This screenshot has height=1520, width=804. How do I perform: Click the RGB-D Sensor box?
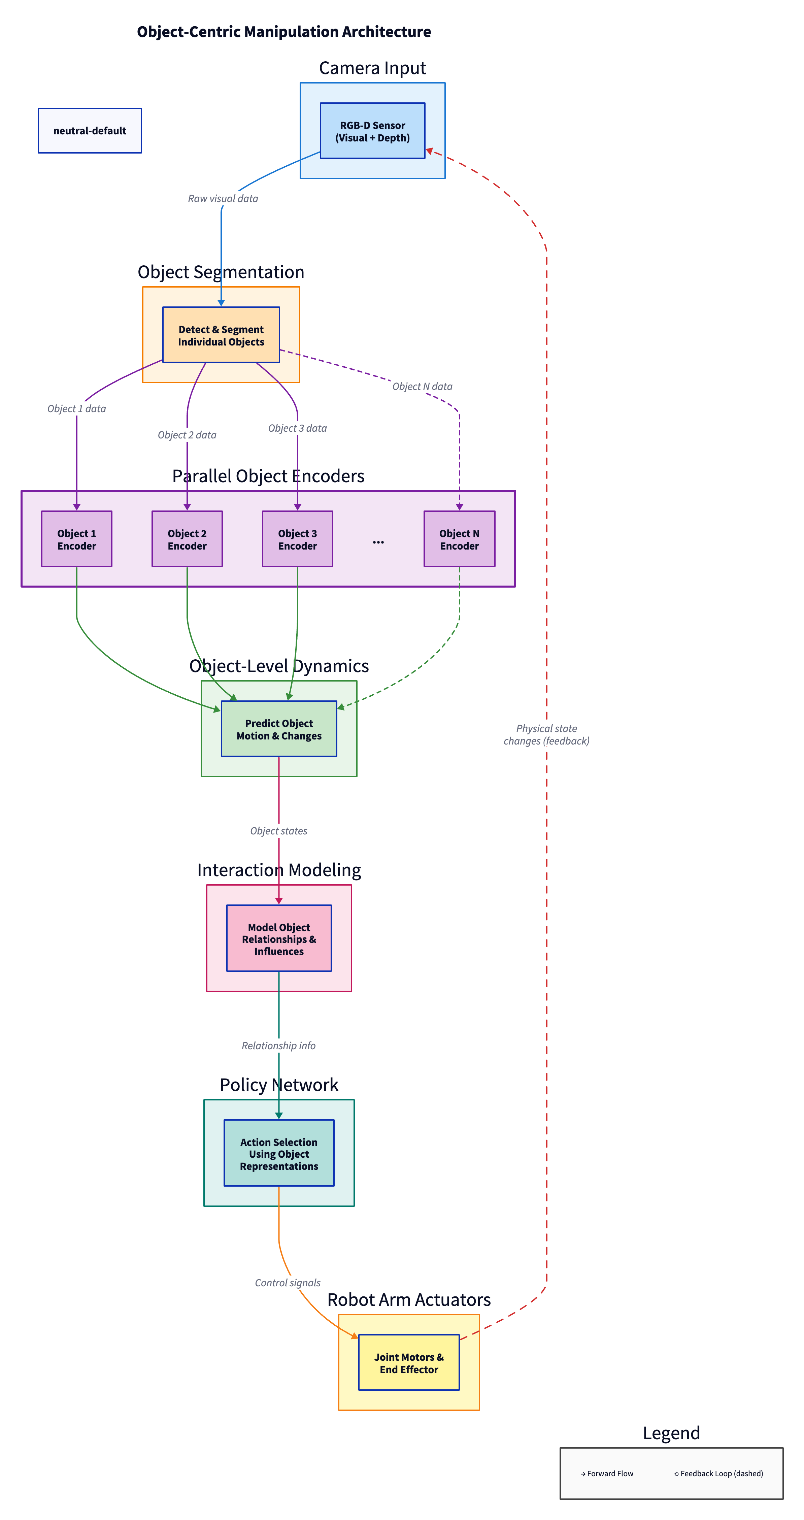pyautogui.click(x=372, y=131)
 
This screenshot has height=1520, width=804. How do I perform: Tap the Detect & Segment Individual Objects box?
pyautogui.click(x=221, y=335)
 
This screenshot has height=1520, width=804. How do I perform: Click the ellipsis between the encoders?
pyautogui.click(x=378, y=541)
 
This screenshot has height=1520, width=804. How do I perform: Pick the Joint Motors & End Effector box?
pyautogui.click(x=409, y=1362)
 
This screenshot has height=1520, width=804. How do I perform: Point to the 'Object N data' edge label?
pyautogui.click(x=422, y=387)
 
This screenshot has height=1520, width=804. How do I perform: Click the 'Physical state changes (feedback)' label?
pyautogui.click(x=546, y=735)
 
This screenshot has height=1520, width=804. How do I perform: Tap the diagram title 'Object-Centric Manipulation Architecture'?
pyautogui.click(x=284, y=32)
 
